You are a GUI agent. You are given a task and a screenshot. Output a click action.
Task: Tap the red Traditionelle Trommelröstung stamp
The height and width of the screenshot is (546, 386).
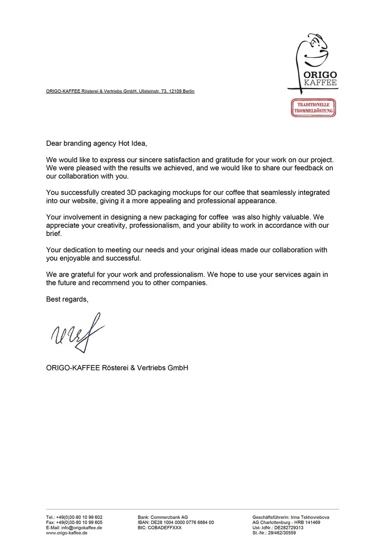click(x=313, y=108)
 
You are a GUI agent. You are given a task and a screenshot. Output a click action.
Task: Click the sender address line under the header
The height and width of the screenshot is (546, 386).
click(x=120, y=91)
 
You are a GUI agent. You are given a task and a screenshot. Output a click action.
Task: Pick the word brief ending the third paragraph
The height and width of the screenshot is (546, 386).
click(x=54, y=234)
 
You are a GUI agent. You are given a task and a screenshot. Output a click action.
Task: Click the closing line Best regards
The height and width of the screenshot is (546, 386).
click(x=67, y=299)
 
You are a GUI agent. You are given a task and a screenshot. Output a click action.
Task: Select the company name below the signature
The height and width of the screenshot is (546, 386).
click(x=117, y=368)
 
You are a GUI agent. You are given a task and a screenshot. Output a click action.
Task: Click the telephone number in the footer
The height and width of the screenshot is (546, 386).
click(x=79, y=517)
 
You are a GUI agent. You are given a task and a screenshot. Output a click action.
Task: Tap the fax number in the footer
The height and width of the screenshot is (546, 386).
click(x=79, y=522)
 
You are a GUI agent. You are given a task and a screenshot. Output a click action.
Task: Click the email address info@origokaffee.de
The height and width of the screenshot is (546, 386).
click(x=81, y=528)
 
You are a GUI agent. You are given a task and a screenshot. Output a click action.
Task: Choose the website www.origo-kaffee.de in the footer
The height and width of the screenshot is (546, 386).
click(x=67, y=533)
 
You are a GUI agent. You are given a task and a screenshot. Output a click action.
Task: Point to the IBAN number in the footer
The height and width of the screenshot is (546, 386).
click(x=182, y=522)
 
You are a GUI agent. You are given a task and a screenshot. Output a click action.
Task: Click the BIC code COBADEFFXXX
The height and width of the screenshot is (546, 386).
click(x=165, y=528)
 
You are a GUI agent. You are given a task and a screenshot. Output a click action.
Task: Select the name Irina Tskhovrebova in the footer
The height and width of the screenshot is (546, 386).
click(x=310, y=517)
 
